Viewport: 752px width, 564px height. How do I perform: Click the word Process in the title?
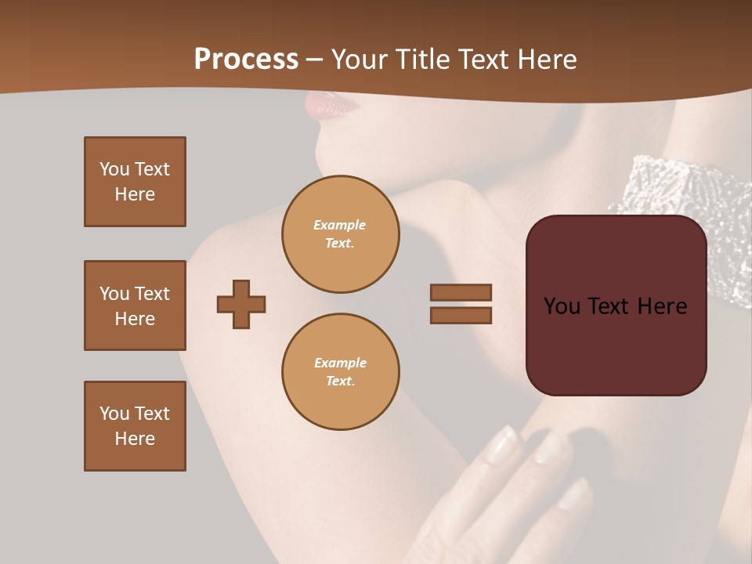(246, 60)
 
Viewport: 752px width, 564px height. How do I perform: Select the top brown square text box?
(135, 182)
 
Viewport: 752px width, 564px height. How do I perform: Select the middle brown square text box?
(135, 305)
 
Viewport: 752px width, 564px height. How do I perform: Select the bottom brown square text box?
(135, 426)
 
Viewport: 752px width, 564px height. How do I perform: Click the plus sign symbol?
(241, 304)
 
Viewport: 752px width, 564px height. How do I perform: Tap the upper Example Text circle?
(340, 234)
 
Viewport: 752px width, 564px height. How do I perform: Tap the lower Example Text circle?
(340, 372)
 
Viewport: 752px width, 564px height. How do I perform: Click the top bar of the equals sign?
(461, 292)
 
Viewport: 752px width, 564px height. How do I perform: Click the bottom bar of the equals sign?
(461, 315)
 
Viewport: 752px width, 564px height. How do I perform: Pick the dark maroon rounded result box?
(616, 345)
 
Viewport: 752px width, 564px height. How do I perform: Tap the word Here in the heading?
(544, 60)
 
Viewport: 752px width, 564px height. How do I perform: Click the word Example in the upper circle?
(339, 225)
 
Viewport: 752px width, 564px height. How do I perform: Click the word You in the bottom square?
(114, 414)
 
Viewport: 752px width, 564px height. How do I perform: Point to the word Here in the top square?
(135, 194)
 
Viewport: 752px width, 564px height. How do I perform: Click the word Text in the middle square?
(152, 294)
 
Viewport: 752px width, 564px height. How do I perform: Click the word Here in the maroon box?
(662, 306)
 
